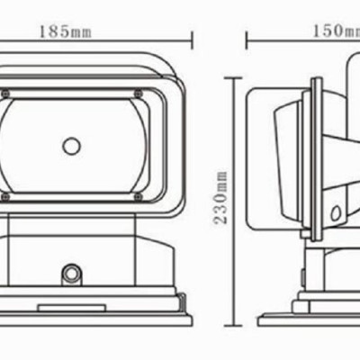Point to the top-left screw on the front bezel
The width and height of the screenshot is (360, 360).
[6, 94]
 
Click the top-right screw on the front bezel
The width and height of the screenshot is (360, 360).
[138, 94]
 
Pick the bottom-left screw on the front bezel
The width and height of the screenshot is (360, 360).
[6, 196]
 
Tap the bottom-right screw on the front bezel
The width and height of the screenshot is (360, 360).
[138, 196]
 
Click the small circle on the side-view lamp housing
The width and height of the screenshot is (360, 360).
[335, 213]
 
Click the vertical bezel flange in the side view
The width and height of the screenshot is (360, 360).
[314, 153]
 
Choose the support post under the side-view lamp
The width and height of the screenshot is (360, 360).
[315, 265]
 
